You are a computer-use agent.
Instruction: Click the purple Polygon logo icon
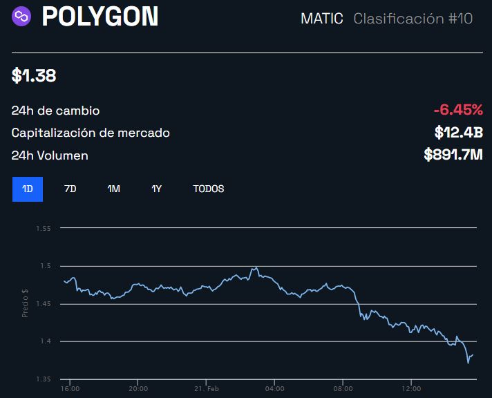pos(23,16)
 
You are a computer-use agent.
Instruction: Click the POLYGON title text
pos(100,17)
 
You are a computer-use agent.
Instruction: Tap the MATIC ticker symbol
pos(321,19)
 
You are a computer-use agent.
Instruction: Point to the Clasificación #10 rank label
pos(413,19)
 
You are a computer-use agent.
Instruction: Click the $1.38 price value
pos(34,76)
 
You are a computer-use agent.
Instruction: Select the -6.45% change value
pos(458,110)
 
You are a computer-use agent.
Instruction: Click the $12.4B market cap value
pos(458,132)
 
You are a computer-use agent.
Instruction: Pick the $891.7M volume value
pos(453,155)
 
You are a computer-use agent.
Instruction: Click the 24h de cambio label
pos(55,111)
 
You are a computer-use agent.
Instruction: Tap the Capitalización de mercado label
pos(91,133)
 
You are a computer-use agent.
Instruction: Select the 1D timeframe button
pos(28,189)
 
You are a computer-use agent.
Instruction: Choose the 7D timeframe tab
pos(70,189)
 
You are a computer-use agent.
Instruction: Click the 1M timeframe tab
pos(113,189)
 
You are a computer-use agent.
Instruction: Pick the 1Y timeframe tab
pos(156,189)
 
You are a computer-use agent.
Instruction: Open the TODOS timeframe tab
pos(208,189)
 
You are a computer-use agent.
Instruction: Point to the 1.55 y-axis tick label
pos(45,227)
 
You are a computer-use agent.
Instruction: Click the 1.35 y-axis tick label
pos(45,379)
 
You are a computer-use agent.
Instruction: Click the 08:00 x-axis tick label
pos(343,388)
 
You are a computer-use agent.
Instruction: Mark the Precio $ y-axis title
pos(25,303)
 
